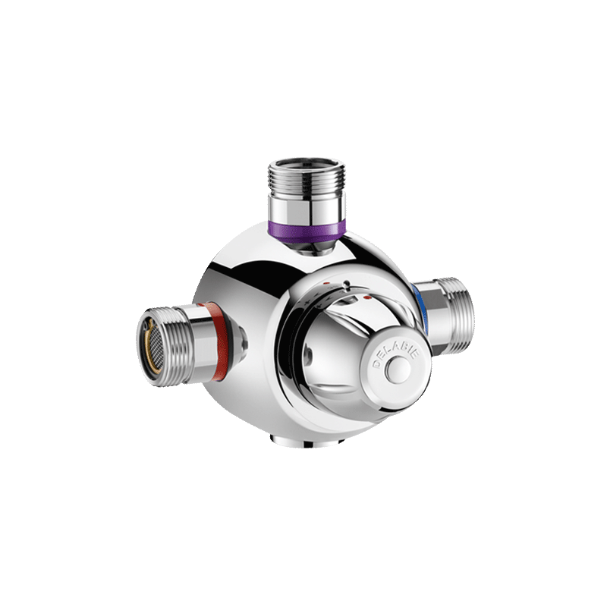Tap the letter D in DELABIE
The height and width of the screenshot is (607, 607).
[x=374, y=366]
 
